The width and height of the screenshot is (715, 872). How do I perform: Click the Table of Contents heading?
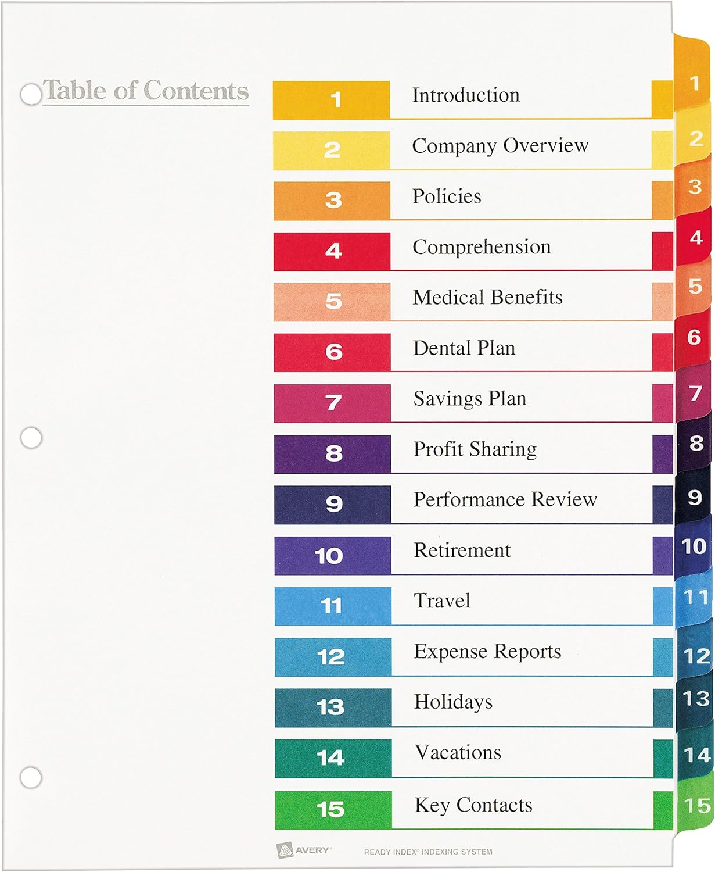pos(146,91)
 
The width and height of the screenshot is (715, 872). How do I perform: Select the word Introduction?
pos(466,95)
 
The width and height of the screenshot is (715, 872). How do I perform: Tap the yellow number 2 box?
pos(332,150)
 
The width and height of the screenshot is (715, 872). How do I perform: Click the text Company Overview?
pos(500,146)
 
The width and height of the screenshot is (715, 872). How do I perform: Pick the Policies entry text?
pos(447,196)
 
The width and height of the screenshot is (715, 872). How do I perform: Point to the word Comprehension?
pos(482,247)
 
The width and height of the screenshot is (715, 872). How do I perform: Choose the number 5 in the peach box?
pos(333,301)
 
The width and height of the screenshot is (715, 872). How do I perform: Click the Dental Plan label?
pos(464,348)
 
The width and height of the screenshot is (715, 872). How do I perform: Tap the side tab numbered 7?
pos(695,394)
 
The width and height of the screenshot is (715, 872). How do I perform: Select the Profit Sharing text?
pos(475,449)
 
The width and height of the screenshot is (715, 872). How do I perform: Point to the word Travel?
pos(442,601)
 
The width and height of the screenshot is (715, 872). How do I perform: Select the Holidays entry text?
pos(453,702)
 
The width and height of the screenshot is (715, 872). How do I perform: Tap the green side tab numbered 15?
pos(696,806)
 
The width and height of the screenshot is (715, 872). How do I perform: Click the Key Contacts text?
pos(473,805)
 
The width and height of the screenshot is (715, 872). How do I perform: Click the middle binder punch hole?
pos(31,438)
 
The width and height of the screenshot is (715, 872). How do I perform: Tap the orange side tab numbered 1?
pos(694,83)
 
